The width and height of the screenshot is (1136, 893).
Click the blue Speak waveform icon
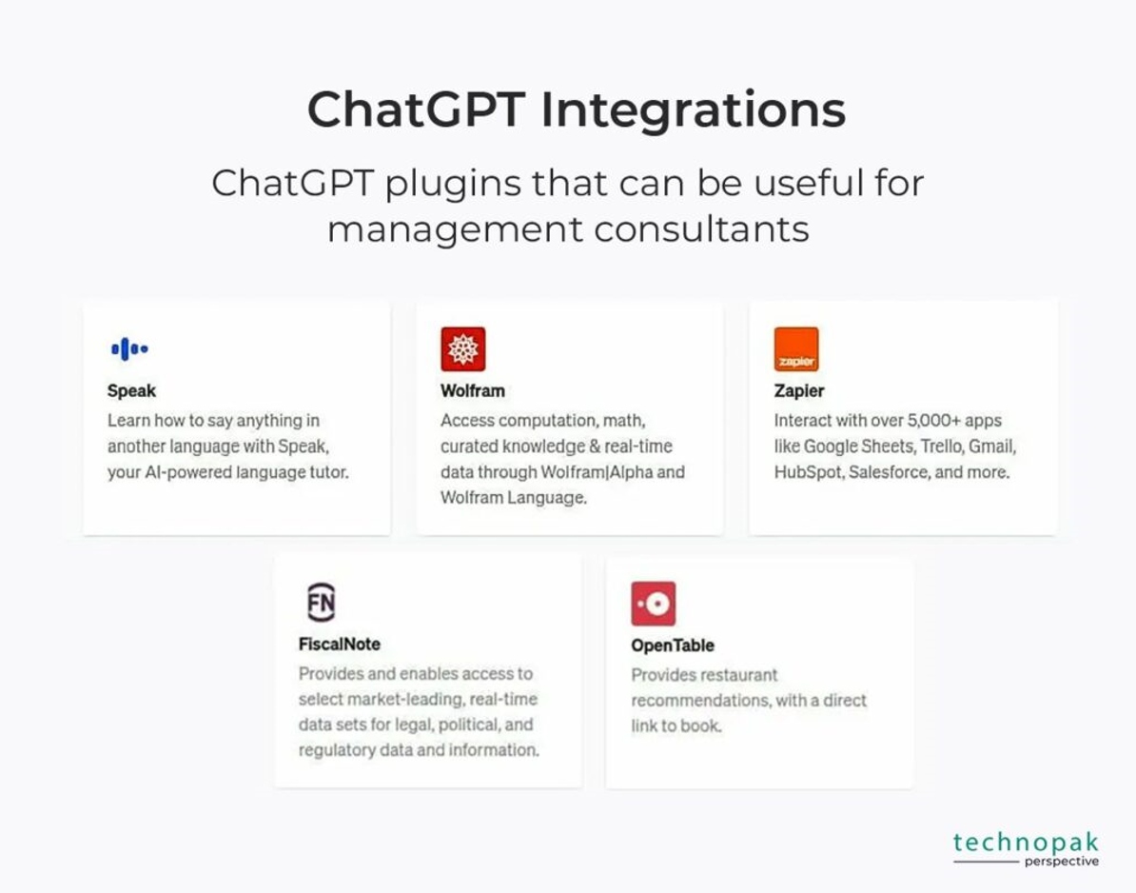(x=129, y=348)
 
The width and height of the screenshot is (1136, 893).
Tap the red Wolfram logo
(x=463, y=348)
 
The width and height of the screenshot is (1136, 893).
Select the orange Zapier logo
(x=796, y=348)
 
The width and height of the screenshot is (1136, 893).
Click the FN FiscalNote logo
(x=321, y=603)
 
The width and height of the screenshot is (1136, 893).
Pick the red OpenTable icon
(x=654, y=603)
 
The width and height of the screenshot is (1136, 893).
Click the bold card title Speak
(x=131, y=390)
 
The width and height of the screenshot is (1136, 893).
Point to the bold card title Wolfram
(x=472, y=390)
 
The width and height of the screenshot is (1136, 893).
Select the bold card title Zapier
(x=799, y=390)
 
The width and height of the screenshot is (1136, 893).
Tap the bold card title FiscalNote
(x=339, y=644)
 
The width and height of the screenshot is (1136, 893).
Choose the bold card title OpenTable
(x=673, y=645)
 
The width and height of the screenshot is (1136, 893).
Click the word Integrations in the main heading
(x=694, y=110)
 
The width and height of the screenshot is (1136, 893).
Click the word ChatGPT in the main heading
(x=416, y=109)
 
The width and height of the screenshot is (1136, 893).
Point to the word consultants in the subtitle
(x=701, y=229)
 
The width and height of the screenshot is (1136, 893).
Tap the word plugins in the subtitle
(x=453, y=184)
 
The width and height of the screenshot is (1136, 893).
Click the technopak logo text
(x=1026, y=843)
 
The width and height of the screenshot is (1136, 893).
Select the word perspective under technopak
(x=1062, y=861)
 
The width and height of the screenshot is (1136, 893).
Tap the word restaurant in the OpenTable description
(x=734, y=675)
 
